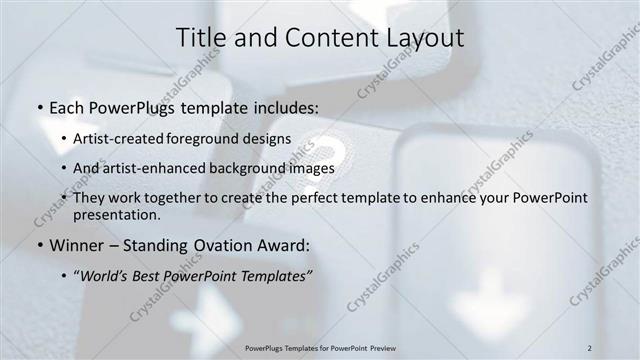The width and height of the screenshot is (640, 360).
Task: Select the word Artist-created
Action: click(x=117, y=141)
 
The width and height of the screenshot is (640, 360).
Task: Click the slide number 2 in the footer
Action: click(x=590, y=347)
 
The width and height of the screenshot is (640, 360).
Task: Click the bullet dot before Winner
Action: click(x=38, y=246)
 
